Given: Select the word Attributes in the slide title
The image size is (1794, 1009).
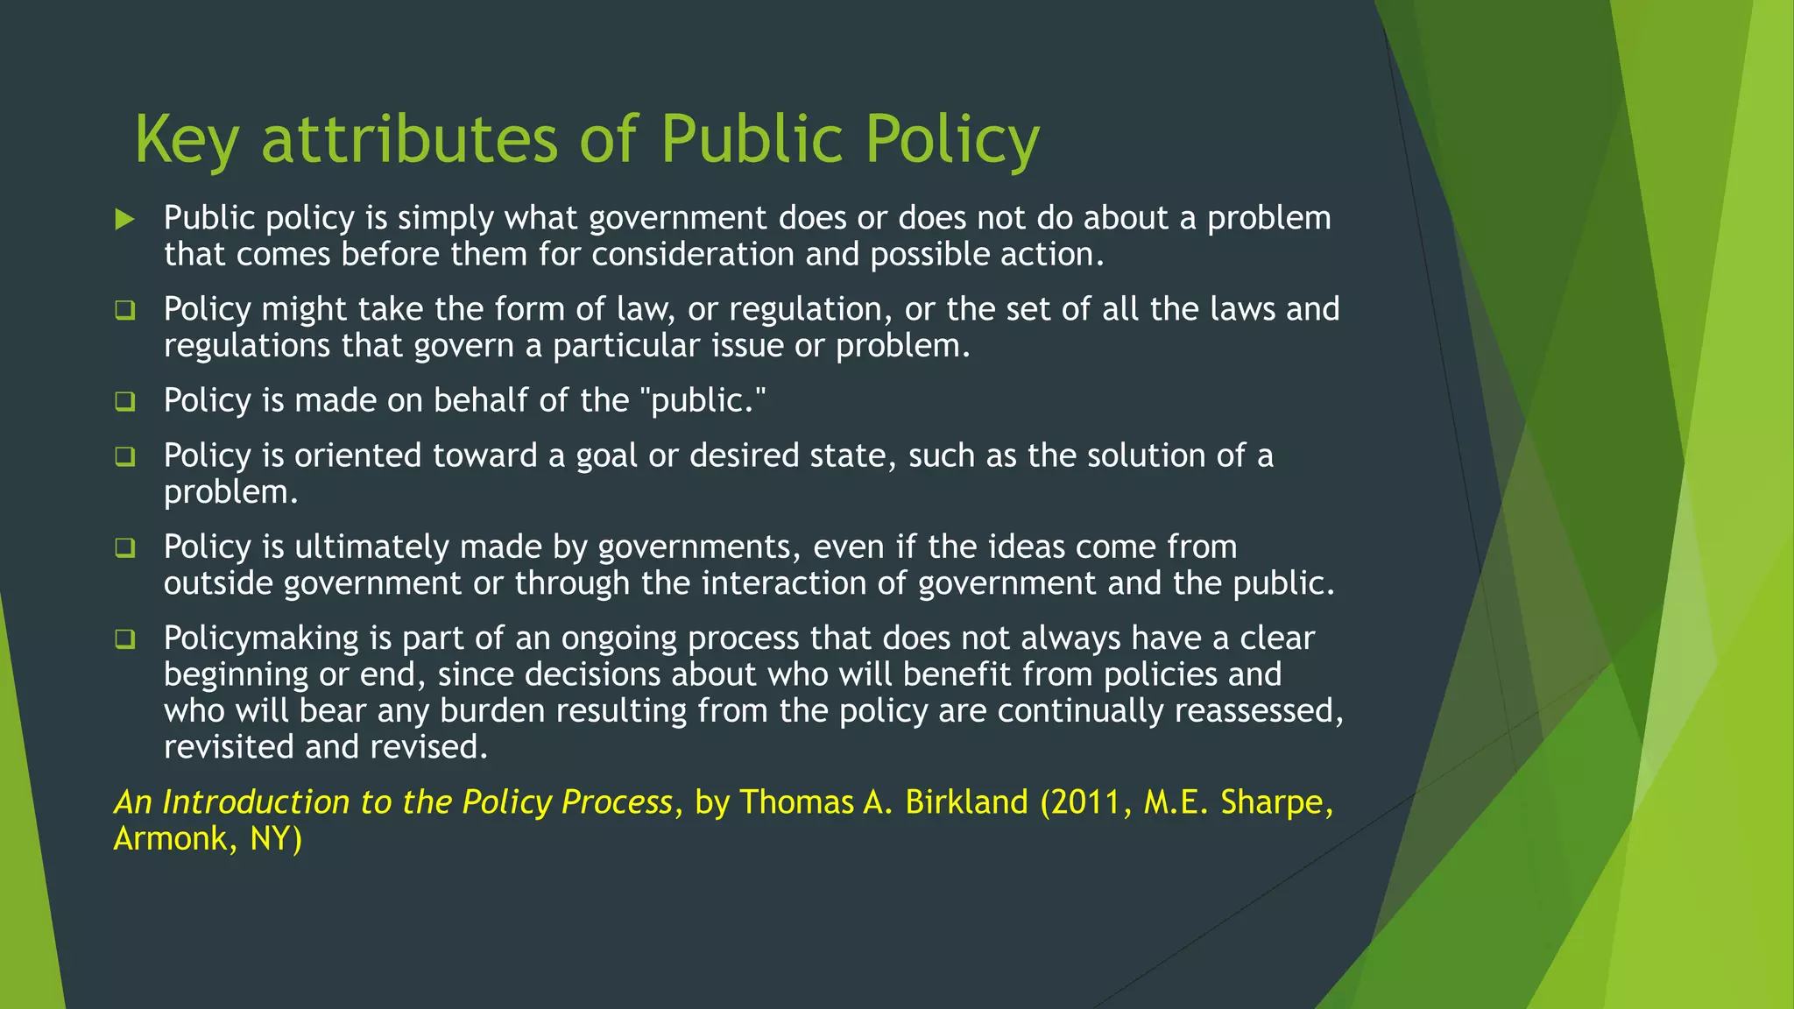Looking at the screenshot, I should pos(409,140).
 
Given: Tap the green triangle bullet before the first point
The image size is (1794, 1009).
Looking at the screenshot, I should pos(125,219).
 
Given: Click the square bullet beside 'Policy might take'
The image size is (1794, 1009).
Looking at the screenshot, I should pos(125,310).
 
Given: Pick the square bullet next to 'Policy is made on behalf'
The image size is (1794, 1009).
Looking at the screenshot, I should pos(125,401).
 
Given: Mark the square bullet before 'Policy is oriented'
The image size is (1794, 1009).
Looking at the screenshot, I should pos(125,456).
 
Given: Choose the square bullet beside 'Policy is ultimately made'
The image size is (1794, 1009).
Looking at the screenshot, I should pos(125,547).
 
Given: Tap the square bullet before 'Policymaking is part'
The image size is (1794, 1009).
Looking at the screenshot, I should pos(125,639).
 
